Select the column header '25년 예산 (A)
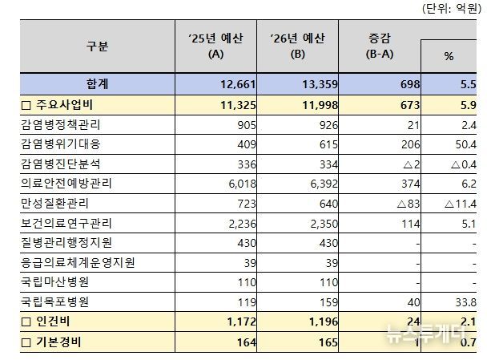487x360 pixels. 215,47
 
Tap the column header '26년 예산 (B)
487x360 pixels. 297,47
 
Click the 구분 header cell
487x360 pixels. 97,47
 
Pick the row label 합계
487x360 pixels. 97,83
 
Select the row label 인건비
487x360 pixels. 43,324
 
